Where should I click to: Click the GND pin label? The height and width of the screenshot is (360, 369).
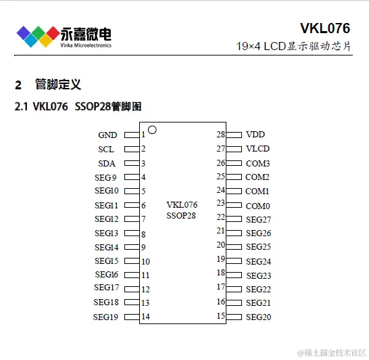(x=107, y=135)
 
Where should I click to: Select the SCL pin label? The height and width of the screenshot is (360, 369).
(x=106, y=150)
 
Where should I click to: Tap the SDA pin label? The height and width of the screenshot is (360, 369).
(x=106, y=164)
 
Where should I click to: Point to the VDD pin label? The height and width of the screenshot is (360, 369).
(x=255, y=135)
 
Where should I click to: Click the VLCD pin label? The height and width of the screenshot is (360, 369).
(x=257, y=149)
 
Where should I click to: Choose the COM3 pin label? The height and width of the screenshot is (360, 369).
(x=257, y=163)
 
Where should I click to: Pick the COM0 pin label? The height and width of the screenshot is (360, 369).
(x=257, y=206)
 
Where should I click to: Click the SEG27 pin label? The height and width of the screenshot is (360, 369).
(x=258, y=219)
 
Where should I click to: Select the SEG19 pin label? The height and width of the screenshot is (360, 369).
(x=106, y=317)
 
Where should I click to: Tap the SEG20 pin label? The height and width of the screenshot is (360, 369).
(x=258, y=317)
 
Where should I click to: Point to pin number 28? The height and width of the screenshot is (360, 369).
(x=220, y=135)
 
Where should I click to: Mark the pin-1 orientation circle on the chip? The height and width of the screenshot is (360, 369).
(x=152, y=129)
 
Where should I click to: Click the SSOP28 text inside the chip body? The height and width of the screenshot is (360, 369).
(x=181, y=215)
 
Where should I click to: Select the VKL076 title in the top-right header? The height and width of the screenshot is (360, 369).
(x=325, y=28)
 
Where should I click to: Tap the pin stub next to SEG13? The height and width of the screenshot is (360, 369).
(x=132, y=233)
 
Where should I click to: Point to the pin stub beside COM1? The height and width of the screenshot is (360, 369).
(x=233, y=191)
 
